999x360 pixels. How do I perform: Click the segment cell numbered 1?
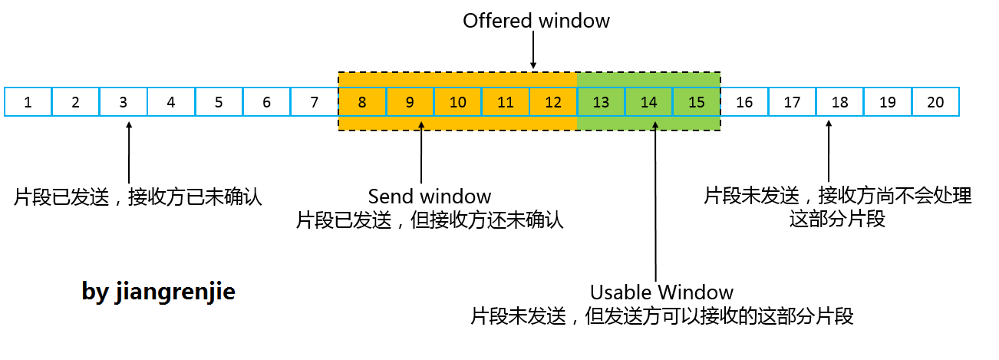[28, 102]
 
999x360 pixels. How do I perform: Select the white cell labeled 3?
[123, 102]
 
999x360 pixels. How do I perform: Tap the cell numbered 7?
[314, 102]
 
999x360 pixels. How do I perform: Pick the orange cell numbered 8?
[362, 102]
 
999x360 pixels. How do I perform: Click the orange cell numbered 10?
[457, 102]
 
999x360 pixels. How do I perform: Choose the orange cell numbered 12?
[552, 102]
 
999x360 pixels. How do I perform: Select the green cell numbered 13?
[601, 102]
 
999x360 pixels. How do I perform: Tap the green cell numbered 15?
[696, 102]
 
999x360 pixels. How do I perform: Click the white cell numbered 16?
[744, 102]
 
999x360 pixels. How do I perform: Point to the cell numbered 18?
[839, 102]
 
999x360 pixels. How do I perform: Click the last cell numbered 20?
[935, 102]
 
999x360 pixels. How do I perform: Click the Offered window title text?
[536, 21]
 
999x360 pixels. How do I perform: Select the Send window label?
[430, 196]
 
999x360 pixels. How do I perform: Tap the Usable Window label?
[661, 292]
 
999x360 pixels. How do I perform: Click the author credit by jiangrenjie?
[158, 292]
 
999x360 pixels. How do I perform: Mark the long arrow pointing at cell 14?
[656, 200]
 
